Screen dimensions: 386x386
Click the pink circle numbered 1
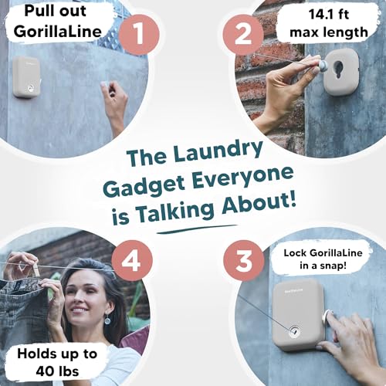pyautogui.click(x=139, y=35)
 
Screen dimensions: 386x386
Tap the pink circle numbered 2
pyautogui.click(x=243, y=35)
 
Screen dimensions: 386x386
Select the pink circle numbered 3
pyautogui.click(x=244, y=260)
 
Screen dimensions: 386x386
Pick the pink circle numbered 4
pyautogui.click(x=132, y=260)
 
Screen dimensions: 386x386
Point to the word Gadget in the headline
pyautogui.click(x=146, y=186)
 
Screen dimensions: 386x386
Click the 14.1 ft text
pyautogui.click(x=329, y=14)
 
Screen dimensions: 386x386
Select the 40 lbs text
pyautogui.click(x=57, y=371)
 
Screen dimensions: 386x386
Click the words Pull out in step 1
pyautogui.click(x=55, y=12)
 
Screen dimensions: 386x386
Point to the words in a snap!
pyautogui.click(x=323, y=266)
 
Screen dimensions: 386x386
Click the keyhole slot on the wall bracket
pyautogui.click(x=340, y=72)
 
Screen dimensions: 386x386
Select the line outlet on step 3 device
pyautogui.click(x=293, y=330)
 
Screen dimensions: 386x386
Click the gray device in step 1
pyautogui.click(x=27, y=76)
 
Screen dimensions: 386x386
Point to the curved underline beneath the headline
pyautogui.click(x=197, y=229)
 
